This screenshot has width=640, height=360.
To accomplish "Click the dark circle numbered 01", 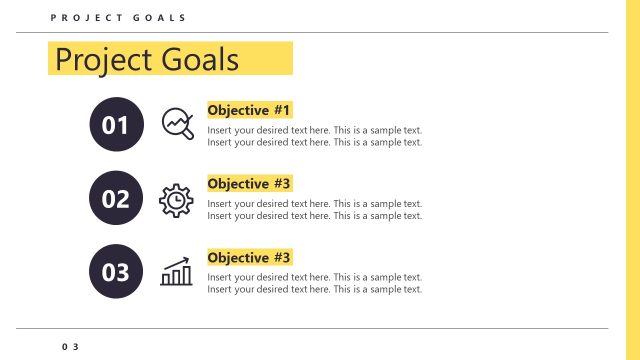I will (x=116, y=124).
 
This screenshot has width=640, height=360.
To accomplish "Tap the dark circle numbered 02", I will (x=116, y=198).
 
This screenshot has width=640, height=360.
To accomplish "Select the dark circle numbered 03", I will (x=116, y=272).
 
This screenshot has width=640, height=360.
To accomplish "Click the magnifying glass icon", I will (x=177, y=123).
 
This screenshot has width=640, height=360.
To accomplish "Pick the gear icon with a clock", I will (x=176, y=200).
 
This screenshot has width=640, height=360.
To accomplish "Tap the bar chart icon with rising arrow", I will (x=177, y=271).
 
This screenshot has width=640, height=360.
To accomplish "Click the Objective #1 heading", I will (x=248, y=110).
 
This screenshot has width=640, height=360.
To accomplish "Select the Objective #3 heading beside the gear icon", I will (x=248, y=184).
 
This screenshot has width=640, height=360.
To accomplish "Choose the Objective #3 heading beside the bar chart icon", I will (x=248, y=258).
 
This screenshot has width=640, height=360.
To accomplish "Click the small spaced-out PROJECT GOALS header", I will (x=118, y=19).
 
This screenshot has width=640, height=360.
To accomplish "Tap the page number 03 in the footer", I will (x=69, y=346).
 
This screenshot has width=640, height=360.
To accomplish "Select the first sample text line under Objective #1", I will (x=314, y=130).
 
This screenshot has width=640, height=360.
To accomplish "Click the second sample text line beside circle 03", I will (x=314, y=289).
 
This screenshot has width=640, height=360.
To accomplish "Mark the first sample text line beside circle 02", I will (x=314, y=204).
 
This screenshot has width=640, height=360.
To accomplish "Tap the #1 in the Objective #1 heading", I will (x=281, y=110).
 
